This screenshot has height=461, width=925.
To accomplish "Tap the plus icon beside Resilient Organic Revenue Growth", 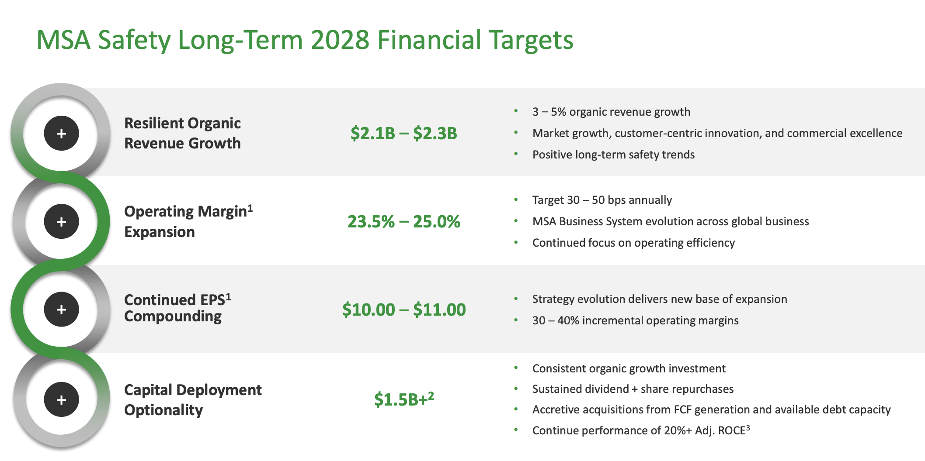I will [62, 134].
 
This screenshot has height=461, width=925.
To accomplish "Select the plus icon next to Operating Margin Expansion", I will [62, 222].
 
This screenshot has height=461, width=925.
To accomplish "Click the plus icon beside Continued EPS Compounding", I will [62, 310].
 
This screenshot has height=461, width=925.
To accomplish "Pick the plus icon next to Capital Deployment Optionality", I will [62, 399].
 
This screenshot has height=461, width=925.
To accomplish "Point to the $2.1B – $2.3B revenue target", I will [403, 134].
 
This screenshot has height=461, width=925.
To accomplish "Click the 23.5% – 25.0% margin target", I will [403, 222].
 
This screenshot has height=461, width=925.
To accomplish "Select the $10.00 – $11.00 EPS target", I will [403, 310].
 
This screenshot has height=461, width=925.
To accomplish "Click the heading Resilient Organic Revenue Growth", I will [182, 133].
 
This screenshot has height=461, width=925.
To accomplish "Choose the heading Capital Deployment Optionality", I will [193, 400].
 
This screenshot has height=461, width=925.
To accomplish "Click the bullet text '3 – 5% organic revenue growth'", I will [611, 112].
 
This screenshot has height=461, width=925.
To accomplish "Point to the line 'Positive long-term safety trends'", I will [613, 155].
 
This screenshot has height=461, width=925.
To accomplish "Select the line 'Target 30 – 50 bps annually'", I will [602, 200].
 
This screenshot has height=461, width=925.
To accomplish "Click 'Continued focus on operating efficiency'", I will [633, 243].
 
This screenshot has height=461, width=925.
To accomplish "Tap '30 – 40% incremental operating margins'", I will [635, 321].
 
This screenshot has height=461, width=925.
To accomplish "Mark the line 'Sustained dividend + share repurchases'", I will [633, 389].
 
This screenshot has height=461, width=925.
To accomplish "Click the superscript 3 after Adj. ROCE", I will [748, 427].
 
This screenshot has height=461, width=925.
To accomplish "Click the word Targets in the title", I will [531, 40].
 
